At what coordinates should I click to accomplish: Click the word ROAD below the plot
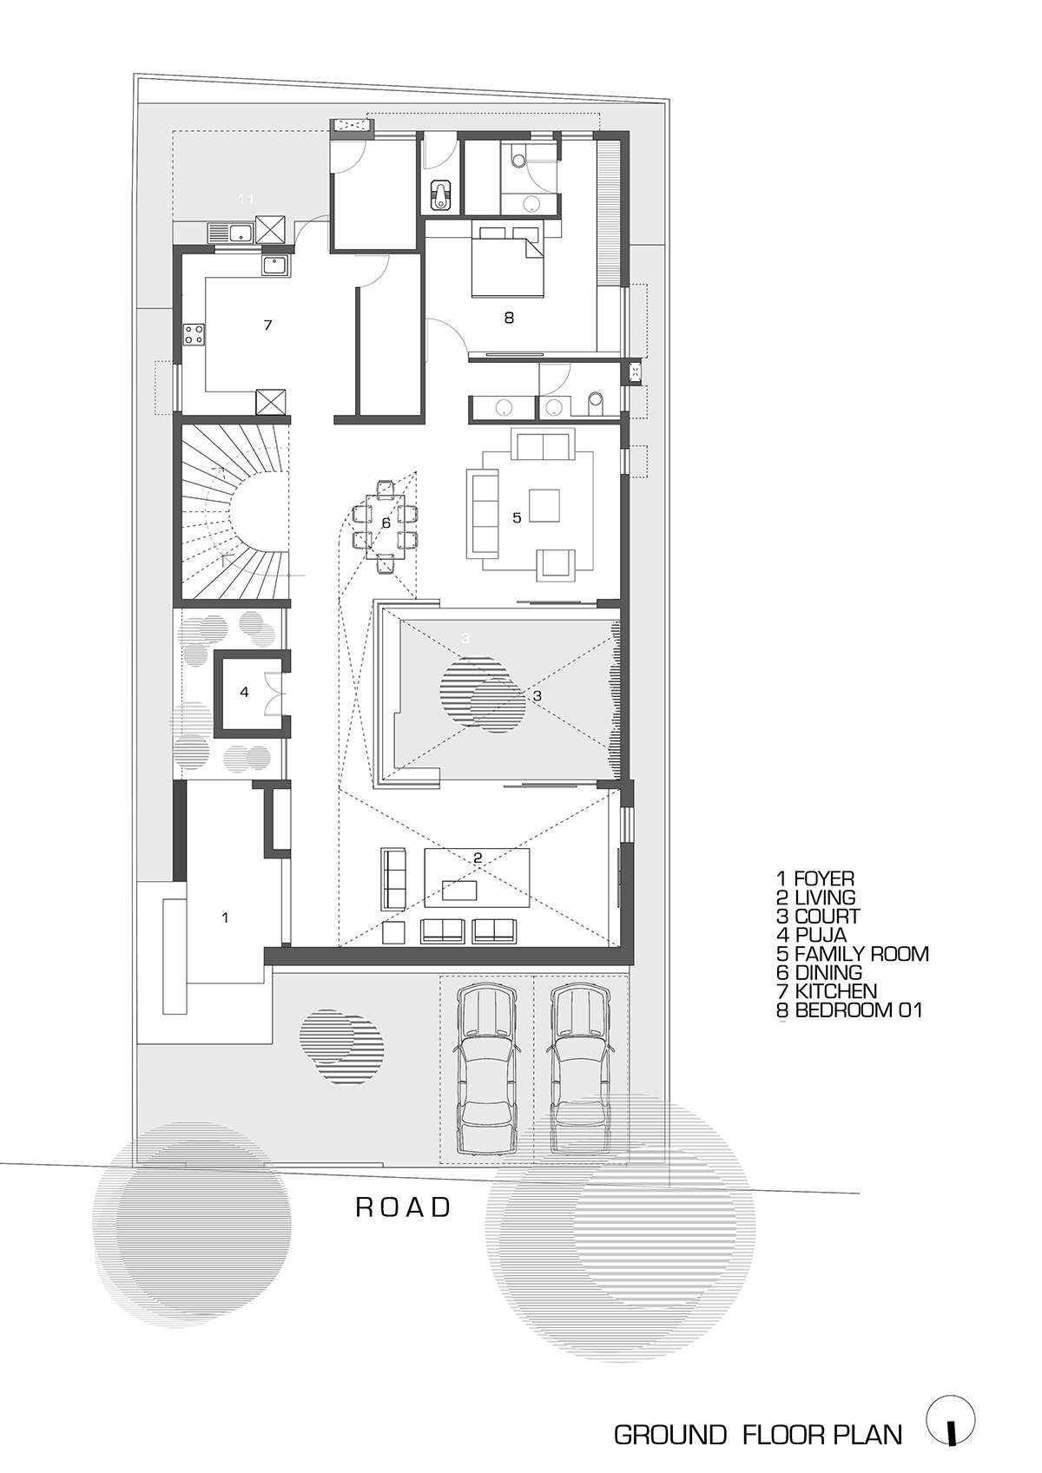coord(404,1207)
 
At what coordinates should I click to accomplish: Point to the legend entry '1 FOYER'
coord(815,879)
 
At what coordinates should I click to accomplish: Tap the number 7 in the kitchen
coord(267,325)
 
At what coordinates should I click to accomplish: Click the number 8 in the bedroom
coord(509,318)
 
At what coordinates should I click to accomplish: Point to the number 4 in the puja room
coord(245,692)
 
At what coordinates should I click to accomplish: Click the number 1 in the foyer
coord(226,917)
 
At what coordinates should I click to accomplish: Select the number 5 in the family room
coord(517,517)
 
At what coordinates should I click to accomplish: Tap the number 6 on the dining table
coord(386,523)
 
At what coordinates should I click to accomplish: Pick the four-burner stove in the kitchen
coord(193,334)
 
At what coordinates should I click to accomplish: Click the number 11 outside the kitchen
coord(247,200)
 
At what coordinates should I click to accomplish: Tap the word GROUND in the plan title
coord(669,1435)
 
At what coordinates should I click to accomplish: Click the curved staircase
coord(233,512)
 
